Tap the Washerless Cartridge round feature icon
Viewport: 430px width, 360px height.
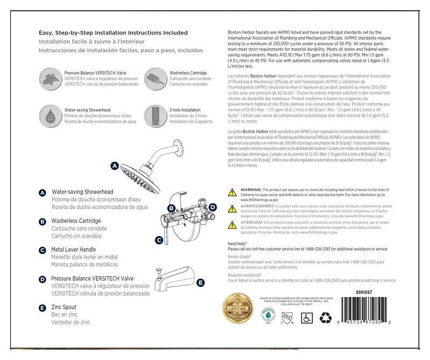pos(155,75)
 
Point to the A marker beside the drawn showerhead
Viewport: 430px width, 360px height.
pos(114,166)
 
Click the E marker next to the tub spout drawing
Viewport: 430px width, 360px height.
pos(200,283)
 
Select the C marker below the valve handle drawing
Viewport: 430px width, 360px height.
pos(159,240)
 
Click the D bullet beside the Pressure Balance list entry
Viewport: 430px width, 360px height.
pos(42,279)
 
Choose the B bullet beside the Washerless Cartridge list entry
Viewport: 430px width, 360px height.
pos(42,221)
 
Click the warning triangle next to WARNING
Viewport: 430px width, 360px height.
pos(232,192)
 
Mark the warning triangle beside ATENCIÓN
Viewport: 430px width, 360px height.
pos(232,223)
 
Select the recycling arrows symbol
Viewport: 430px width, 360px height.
pos(326,317)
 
